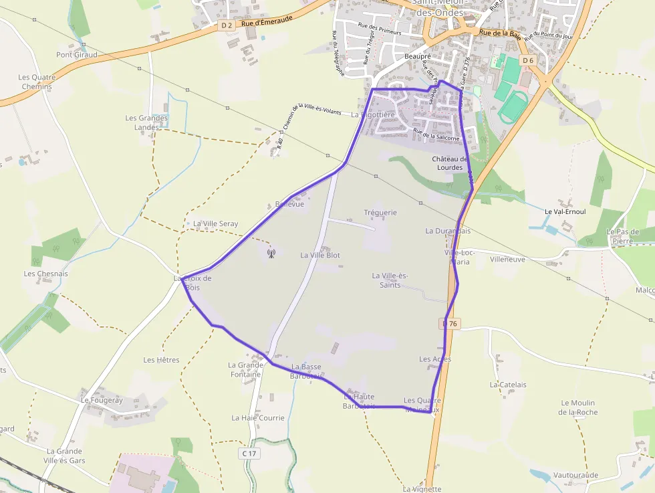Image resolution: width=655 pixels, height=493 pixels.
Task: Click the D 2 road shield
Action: click(x=226, y=25)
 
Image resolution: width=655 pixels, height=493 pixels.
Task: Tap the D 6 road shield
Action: click(x=528, y=60)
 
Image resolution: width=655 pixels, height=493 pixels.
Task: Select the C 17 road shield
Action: click(x=249, y=454)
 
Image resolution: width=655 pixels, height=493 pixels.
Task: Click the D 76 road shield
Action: click(x=452, y=324)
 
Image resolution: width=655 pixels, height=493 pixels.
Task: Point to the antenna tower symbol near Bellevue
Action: click(x=271, y=253)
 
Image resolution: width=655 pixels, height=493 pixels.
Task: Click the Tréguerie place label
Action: click(x=380, y=213)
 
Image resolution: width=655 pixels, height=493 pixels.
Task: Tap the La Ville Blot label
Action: click(x=320, y=256)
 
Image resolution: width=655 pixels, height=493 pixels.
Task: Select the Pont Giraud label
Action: click(x=77, y=55)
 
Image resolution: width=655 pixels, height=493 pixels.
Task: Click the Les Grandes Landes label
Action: click(x=146, y=122)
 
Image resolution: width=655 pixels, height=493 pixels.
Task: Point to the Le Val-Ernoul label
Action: click(x=565, y=211)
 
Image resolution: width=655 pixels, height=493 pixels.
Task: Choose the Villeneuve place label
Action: click(x=507, y=259)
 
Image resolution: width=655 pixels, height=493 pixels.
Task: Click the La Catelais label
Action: click(x=508, y=385)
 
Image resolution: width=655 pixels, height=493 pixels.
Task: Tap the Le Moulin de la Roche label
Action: click(x=578, y=407)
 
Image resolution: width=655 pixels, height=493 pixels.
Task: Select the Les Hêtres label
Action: click(x=161, y=360)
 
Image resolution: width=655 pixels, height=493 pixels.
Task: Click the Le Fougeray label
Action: click(x=102, y=400)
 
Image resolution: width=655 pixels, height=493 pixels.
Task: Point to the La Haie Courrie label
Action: click(x=258, y=418)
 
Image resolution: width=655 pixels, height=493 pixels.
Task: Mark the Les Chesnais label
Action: click(x=45, y=274)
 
